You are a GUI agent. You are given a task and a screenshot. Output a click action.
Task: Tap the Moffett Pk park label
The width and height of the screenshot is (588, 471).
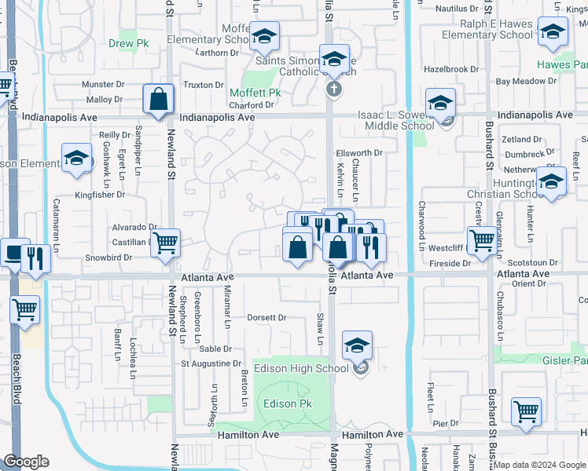[255, 93]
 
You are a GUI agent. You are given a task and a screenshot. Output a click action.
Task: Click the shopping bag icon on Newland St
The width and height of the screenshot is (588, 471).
[158, 100]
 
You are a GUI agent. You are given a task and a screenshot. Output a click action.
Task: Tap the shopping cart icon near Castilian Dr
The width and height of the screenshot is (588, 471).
[165, 243]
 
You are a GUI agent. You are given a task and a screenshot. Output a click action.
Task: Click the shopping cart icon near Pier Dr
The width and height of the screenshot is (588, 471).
[526, 411]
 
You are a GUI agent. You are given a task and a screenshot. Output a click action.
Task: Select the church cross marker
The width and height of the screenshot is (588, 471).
[333, 88]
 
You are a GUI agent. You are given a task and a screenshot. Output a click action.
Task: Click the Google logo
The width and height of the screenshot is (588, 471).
[25, 462]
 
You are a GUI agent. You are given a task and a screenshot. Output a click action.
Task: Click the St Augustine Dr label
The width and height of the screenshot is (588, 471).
[211, 363]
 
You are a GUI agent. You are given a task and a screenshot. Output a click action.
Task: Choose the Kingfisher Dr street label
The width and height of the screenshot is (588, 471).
[100, 195]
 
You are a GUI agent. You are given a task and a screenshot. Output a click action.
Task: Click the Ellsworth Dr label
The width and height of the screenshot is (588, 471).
[358, 153]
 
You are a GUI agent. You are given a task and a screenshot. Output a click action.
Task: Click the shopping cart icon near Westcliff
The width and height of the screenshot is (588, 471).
[481, 241]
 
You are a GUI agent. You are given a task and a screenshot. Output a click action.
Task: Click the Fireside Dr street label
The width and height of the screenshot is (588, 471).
[444, 263]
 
